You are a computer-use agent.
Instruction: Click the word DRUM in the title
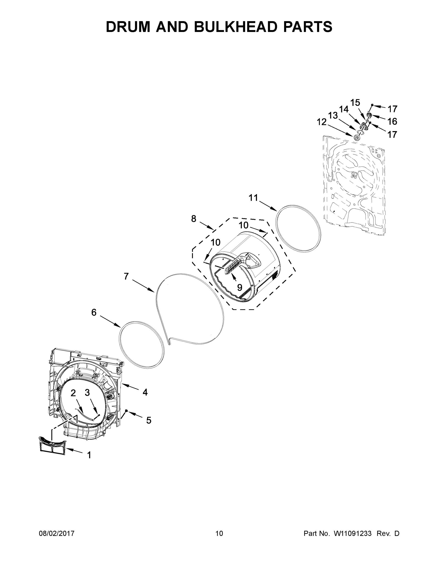pyautogui.click(x=128, y=27)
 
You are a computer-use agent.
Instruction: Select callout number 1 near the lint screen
pyautogui.click(x=89, y=455)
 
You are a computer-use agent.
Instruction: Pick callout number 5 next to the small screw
pyautogui.click(x=149, y=420)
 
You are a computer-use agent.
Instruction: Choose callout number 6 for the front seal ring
pyautogui.click(x=94, y=312)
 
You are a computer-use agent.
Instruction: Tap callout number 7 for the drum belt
pyautogui.click(x=126, y=276)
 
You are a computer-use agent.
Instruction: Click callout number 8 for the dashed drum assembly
pyautogui.click(x=194, y=219)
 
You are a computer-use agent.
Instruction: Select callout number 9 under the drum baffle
pyautogui.click(x=239, y=287)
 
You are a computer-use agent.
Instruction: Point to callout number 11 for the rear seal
pyautogui.click(x=253, y=198)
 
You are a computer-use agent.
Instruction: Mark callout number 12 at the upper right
pyautogui.click(x=322, y=122)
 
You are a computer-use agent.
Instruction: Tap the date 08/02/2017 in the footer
pyautogui.click(x=57, y=533)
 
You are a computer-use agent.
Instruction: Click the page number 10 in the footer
pyautogui.click(x=219, y=533)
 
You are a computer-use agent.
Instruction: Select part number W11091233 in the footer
pyautogui.click(x=352, y=533)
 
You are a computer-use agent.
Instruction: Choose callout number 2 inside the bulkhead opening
pyautogui.click(x=73, y=393)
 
